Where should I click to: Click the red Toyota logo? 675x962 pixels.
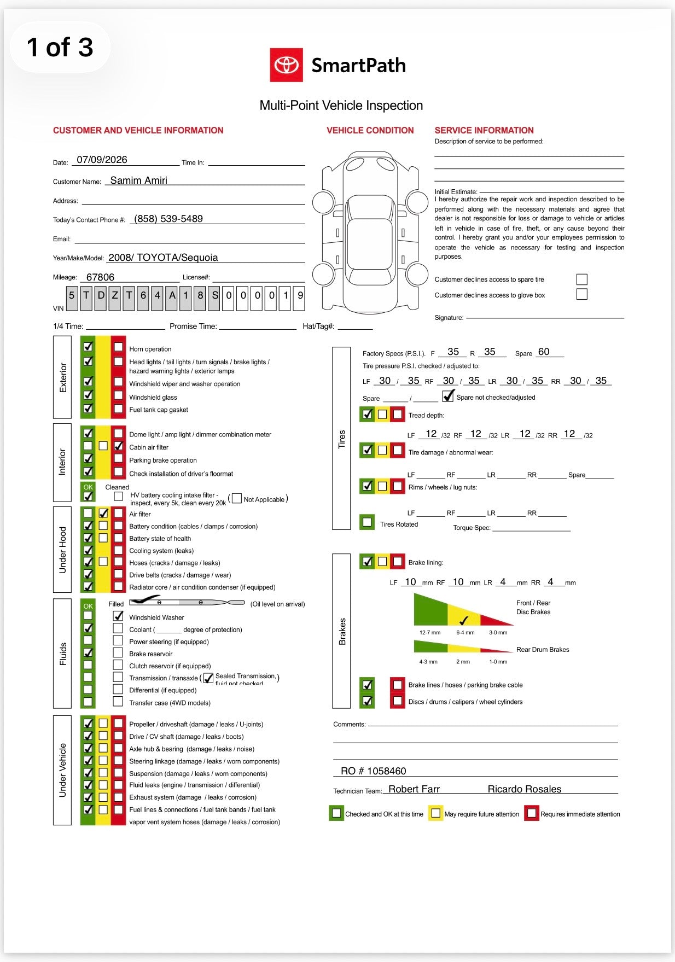286,65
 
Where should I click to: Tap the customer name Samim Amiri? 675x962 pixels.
139,180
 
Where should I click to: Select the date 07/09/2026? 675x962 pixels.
102,160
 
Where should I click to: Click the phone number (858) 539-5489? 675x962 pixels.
168,219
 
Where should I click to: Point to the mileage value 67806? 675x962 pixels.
100,277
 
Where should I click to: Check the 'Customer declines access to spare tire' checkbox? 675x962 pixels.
582,279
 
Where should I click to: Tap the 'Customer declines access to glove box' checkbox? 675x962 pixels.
582,294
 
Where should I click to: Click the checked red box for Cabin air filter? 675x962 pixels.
118,446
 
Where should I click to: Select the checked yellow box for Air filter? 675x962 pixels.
103,513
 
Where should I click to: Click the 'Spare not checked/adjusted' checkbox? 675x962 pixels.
449,395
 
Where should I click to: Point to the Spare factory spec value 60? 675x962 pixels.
544,352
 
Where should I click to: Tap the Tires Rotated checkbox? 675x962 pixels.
368,522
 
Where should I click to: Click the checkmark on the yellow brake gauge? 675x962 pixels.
464,620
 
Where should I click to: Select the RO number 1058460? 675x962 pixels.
374,771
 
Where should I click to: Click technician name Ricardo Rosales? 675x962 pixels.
525,789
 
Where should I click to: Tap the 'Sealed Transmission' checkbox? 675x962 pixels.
208,678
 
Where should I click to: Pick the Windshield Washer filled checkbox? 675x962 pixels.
118,616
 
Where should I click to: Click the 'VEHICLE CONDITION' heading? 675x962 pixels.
370,130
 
